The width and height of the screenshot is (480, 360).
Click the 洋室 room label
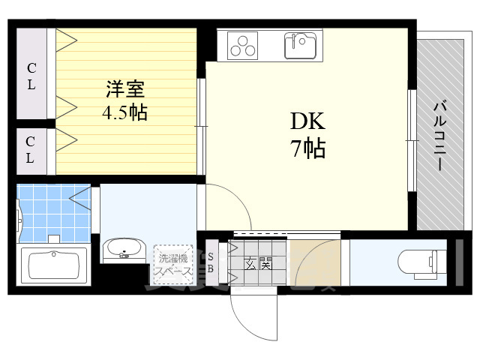[125, 88]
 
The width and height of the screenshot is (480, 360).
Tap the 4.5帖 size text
[124, 113]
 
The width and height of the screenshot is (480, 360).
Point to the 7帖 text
[307, 148]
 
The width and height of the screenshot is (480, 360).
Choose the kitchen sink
[303, 46]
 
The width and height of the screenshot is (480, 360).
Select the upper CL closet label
[31, 76]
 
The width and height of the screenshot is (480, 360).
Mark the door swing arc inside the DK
[225, 206]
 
